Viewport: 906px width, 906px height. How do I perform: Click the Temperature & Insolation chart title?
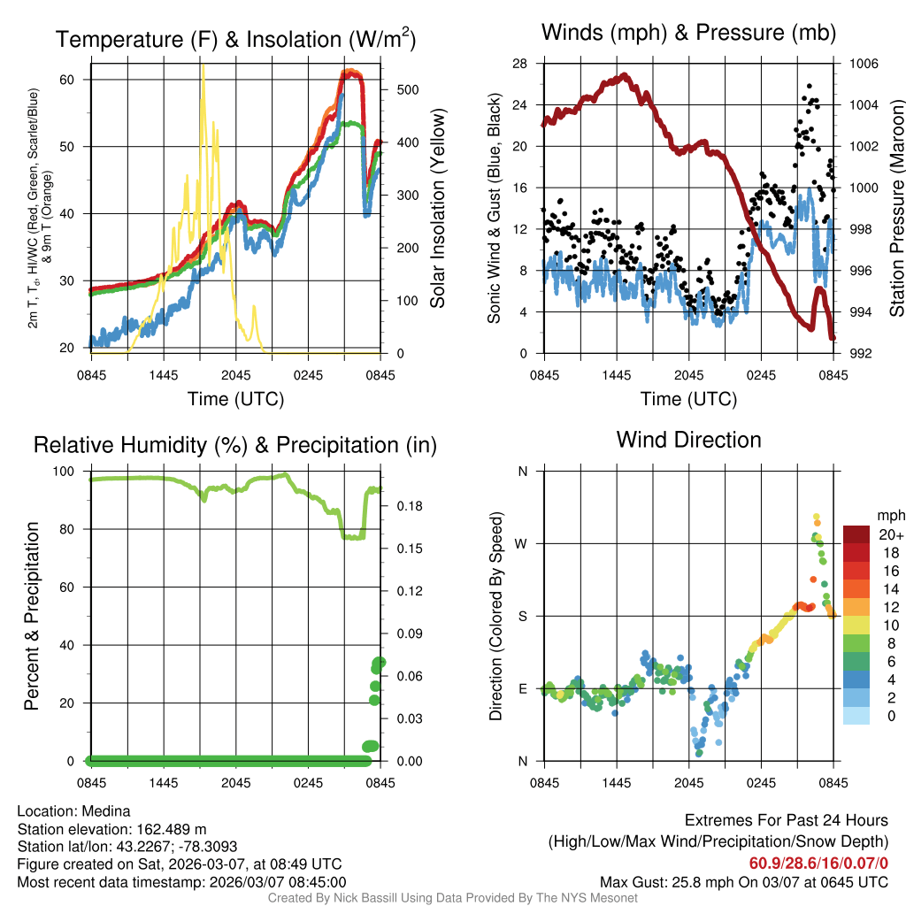[235, 39]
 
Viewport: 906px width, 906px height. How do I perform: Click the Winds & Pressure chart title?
[689, 34]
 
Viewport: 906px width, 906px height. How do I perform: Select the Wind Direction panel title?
[689, 440]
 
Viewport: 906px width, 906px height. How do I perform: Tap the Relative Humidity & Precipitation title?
[234, 445]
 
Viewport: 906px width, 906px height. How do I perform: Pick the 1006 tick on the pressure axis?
[862, 64]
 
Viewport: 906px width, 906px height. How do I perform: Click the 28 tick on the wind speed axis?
[519, 64]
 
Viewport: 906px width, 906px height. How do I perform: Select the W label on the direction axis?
[522, 543]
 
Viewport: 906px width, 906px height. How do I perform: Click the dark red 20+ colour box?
[856, 535]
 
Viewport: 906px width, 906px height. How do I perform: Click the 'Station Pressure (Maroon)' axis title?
[895, 209]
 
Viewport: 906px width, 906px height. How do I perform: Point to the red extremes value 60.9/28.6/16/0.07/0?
[818, 864]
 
